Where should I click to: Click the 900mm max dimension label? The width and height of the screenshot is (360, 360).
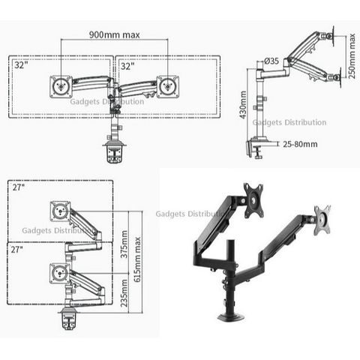point(115,34)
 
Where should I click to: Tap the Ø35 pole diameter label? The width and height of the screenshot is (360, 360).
point(271,61)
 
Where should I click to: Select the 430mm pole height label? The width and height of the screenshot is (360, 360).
point(243,105)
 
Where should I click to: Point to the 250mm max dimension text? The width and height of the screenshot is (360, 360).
point(352,56)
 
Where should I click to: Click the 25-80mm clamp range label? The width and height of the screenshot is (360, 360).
point(300,144)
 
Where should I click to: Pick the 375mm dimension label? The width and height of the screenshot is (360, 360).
point(124,244)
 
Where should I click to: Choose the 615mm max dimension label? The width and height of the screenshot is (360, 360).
point(137,259)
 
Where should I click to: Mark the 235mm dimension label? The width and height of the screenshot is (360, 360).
point(124,293)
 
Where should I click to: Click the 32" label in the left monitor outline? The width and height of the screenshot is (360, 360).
point(21,65)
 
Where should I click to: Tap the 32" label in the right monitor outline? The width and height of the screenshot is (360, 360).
point(127,67)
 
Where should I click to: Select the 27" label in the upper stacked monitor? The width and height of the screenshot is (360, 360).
point(19,187)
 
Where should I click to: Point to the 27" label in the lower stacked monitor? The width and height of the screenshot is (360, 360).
point(17,250)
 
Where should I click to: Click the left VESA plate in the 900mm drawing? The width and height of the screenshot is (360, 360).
point(61,87)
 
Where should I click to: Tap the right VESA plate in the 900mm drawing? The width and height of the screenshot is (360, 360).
point(167,86)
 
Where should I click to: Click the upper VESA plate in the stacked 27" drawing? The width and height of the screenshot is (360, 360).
point(60,211)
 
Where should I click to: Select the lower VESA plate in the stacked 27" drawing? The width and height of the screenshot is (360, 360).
point(60,273)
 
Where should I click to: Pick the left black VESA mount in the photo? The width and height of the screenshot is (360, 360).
point(253,200)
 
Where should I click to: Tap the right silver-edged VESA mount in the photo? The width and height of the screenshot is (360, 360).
point(322,220)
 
